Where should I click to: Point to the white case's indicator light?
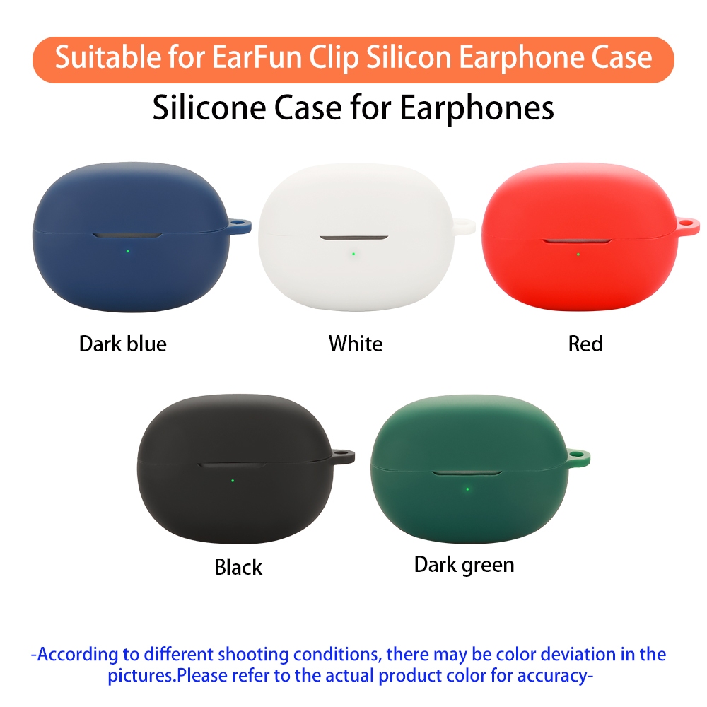click(x=352, y=253)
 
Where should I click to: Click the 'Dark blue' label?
click(x=123, y=344)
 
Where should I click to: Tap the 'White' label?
click(x=356, y=344)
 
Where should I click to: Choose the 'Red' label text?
click(x=585, y=344)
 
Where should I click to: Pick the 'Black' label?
click(x=238, y=567)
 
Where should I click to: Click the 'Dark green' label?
click(x=464, y=565)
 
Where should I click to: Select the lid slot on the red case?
click(x=577, y=242)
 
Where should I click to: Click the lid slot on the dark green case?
click(x=467, y=473)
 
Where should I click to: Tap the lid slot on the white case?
click(x=353, y=238)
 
